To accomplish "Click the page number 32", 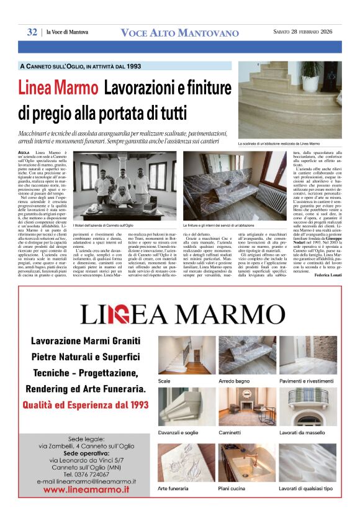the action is pyautogui.click(x=32, y=32).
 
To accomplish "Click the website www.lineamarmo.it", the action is pyautogui.click(x=86, y=489).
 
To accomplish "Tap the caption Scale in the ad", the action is pyautogui.click(x=164, y=380).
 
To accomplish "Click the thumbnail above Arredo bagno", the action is pyautogui.click(x=247, y=355).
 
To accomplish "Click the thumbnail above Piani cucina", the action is pyautogui.click(x=247, y=463).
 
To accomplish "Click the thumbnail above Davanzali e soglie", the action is pyautogui.click(x=187, y=407).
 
